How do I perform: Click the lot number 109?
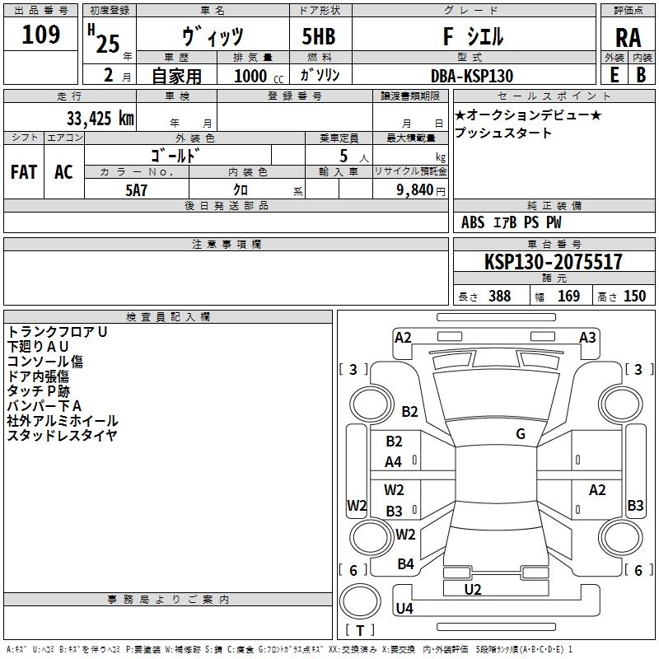pyautogui.click(x=41, y=35)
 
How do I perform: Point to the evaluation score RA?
pyautogui.click(x=628, y=38)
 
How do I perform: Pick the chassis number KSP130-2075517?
pyautogui.click(x=554, y=262)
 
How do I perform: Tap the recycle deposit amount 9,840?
pyautogui.click(x=410, y=189)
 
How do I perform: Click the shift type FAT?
pyautogui.click(x=24, y=172)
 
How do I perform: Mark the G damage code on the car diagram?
pyautogui.click(x=520, y=434)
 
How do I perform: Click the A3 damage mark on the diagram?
pyautogui.click(x=587, y=337)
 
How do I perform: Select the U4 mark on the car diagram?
pyautogui.click(x=404, y=609)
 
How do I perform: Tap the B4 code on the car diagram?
pyautogui.click(x=405, y=564)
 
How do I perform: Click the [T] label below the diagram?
pyautogui.click(x=359, y=631)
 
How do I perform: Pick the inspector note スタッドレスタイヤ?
pyautogui.click(x=62, y=436)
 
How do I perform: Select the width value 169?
pyautogui.click(x=568, y=296)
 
